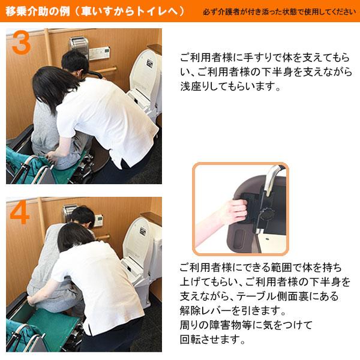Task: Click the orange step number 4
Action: (20, 213)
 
